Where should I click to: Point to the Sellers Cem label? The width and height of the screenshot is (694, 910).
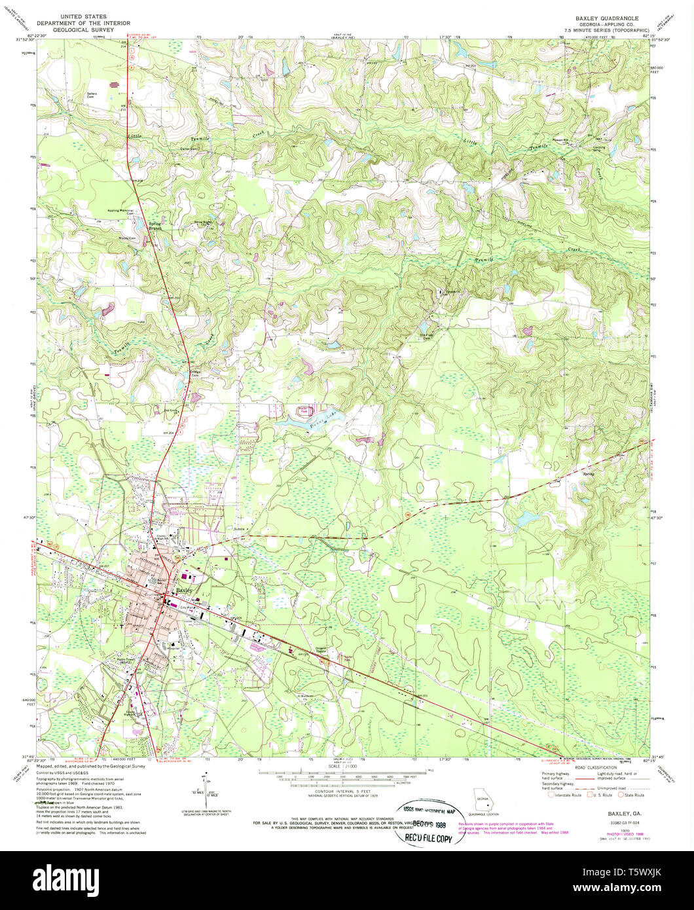click(x=92, y=95)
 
